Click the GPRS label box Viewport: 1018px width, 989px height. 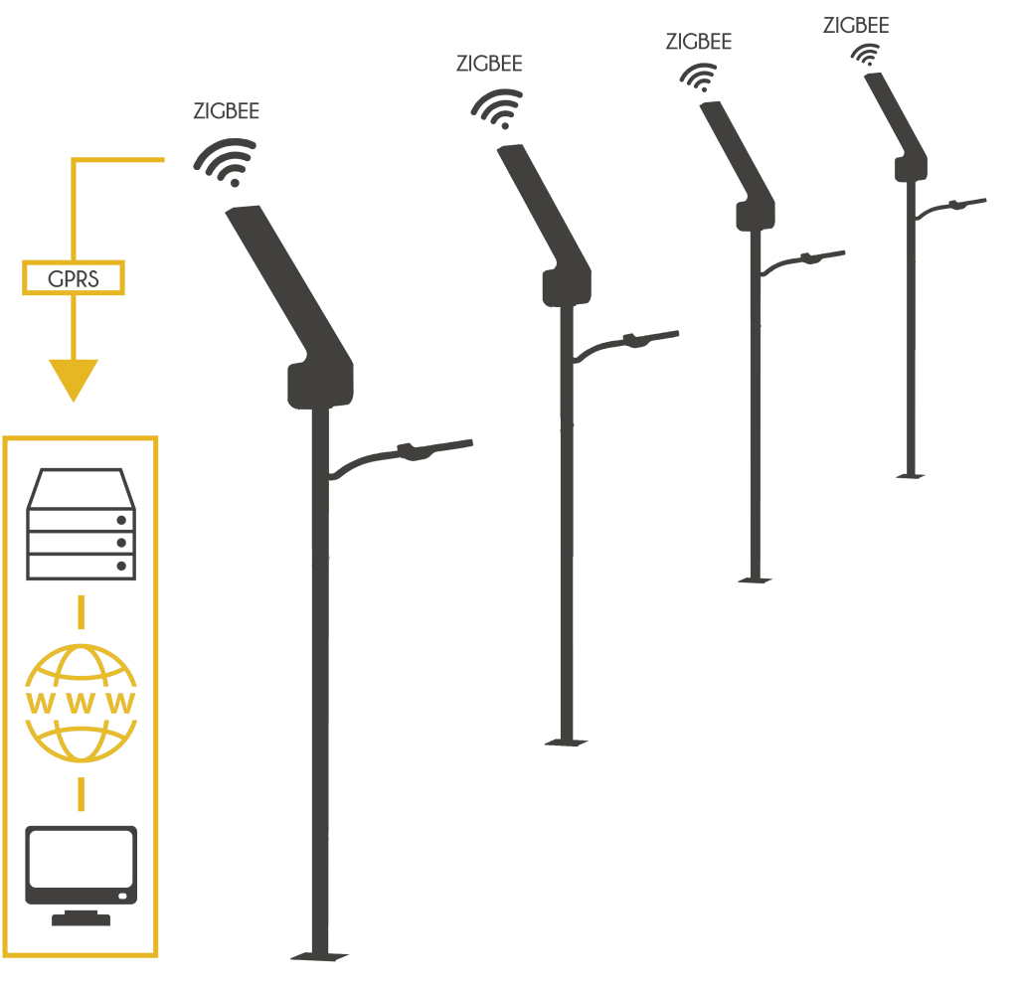[x=74, y=278]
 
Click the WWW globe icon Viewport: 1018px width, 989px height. [x=81, y=703]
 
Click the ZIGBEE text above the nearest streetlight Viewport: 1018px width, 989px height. [x=226, y=111]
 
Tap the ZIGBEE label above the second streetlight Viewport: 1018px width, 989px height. [x=488, y=64]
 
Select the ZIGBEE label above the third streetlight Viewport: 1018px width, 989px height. [x=698, y=42]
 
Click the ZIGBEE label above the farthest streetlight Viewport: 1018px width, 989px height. [x=856, y=26]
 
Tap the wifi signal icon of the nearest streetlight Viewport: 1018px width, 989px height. [x=228, y=162]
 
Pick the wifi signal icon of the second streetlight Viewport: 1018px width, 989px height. [x=498, y=108]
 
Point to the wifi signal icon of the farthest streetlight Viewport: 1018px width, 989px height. [x=868, y=56]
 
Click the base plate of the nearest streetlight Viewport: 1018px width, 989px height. [x=320, y=956]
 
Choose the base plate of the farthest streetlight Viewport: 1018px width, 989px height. [x=910, y=476]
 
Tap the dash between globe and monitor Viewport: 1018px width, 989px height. [x=81, y=792]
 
